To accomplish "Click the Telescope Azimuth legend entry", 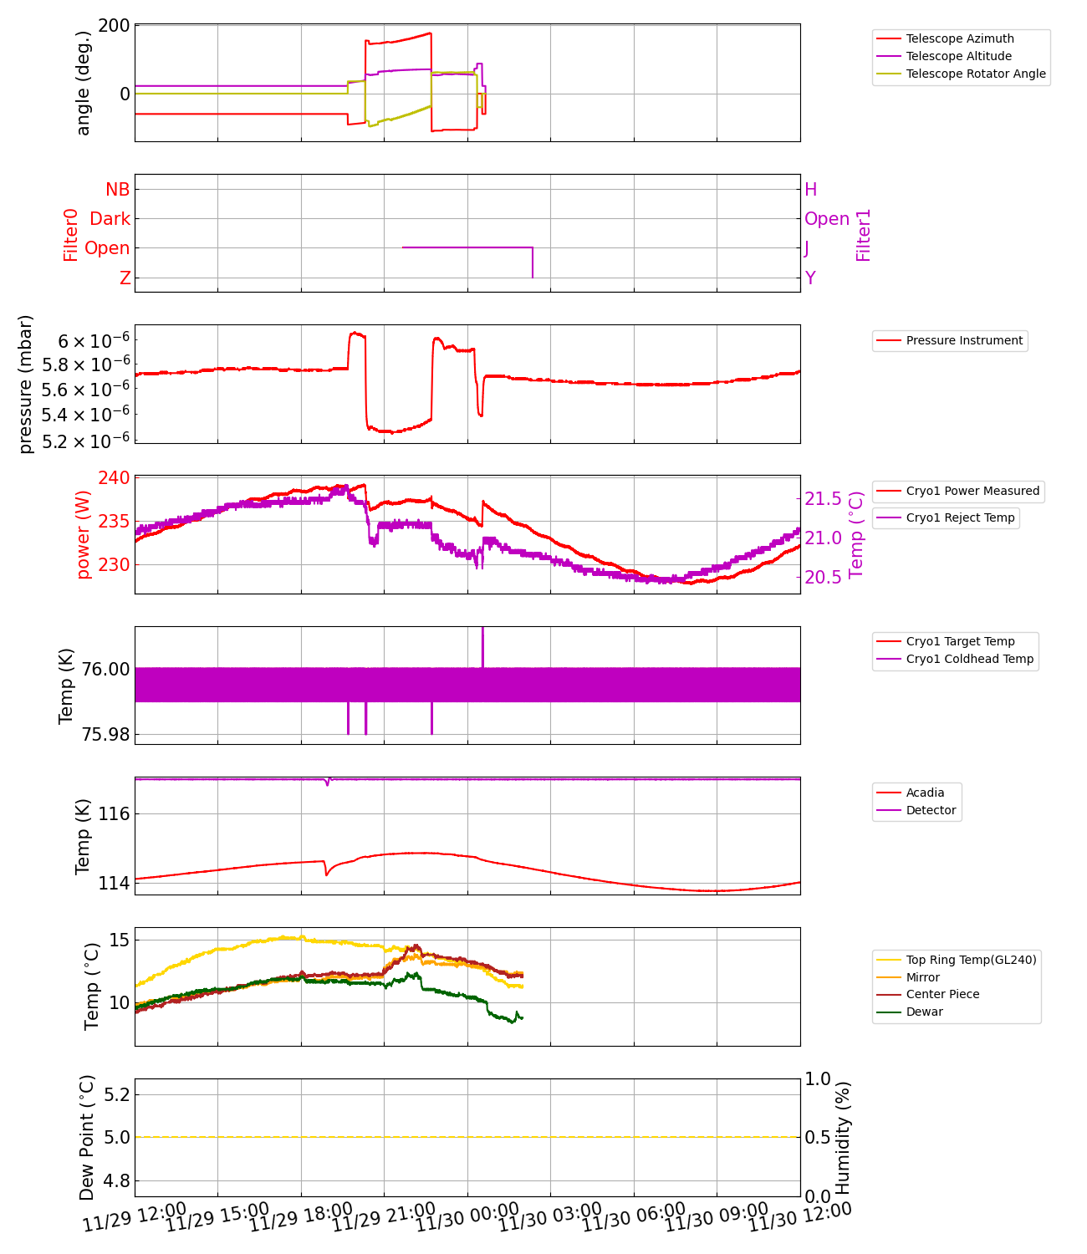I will point(959,38).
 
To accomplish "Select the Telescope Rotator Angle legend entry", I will point(975,74).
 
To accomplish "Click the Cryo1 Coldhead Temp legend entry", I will point(969,659).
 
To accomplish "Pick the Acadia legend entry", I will point(925,793).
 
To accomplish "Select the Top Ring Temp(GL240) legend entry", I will point(971,960).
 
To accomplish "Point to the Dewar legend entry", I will point(924,1012).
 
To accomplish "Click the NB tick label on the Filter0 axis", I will point(118,190).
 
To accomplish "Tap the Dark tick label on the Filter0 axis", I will point(110,219).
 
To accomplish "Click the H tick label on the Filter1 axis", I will point(810,190).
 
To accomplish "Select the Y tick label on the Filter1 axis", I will point(810,278).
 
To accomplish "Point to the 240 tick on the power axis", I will point(114,478).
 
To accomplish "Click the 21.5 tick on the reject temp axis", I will point(823,499).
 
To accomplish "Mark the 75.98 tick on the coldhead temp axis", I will point(105,734).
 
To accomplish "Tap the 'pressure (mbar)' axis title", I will point(26,385).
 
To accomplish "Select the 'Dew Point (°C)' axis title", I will point(87,1137).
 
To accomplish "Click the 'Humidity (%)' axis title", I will point(843,1137).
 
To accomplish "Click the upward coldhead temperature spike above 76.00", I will point(482,645).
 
